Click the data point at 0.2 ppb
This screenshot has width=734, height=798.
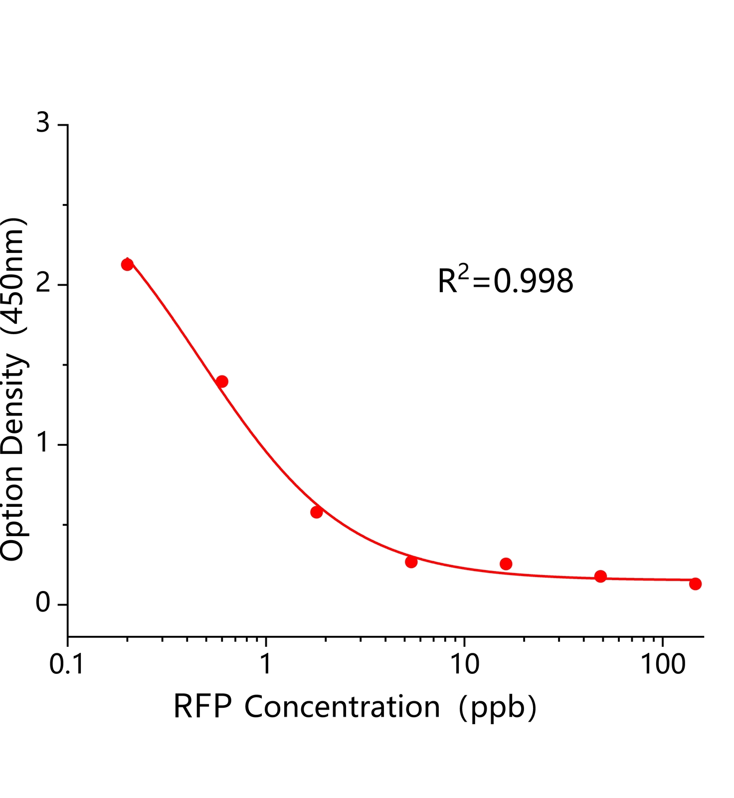[127, 264]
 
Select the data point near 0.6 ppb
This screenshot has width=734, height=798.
[222, 382]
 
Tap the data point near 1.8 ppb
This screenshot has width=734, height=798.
[316, 512]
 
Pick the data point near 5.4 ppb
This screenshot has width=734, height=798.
[411, 562]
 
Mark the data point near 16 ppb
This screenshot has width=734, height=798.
[506, 564]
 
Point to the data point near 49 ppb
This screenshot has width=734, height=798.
[600, 577]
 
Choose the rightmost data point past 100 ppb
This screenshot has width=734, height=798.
[695, 584]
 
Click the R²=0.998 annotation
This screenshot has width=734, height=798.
[505, 280]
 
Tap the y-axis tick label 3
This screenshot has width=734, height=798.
[43, 123]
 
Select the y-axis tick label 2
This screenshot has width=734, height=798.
[43, 284]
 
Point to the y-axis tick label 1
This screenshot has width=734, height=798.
[43, 443]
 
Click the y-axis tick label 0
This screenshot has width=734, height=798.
[43, 603]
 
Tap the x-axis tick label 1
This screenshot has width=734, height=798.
[266, 665]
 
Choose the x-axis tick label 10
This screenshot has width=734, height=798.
[465, 665]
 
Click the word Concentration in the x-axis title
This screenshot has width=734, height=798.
[342, 707]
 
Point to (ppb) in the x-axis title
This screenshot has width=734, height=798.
[497, 708]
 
